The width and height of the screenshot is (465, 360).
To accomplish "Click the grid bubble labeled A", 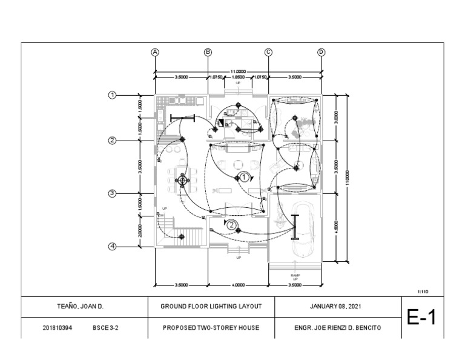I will [156, 52].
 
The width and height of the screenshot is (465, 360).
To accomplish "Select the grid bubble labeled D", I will [322, 52].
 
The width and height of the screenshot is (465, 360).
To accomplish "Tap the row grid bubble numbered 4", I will [112, 247].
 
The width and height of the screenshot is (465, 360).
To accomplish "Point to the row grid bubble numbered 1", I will [112, 95].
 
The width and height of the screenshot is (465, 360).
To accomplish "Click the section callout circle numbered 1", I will [243, 178].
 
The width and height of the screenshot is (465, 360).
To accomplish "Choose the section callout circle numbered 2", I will [232, 224].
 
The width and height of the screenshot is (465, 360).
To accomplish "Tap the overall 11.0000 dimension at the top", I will [238, 72].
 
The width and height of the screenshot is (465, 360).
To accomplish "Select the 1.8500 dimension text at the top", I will [238, 78].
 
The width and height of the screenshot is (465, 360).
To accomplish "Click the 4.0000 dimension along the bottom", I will [238, 284].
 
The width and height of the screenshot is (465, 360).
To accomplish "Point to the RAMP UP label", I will [295, 277].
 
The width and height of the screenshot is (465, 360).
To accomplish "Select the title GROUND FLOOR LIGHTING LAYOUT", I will [211, 307].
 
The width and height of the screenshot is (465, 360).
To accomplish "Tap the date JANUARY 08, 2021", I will [338, 307].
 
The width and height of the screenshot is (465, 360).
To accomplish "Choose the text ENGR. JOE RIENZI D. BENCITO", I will [338, 328].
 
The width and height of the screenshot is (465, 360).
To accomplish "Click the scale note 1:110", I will [423, 292].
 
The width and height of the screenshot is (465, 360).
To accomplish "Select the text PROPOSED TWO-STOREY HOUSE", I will [211, 328].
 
